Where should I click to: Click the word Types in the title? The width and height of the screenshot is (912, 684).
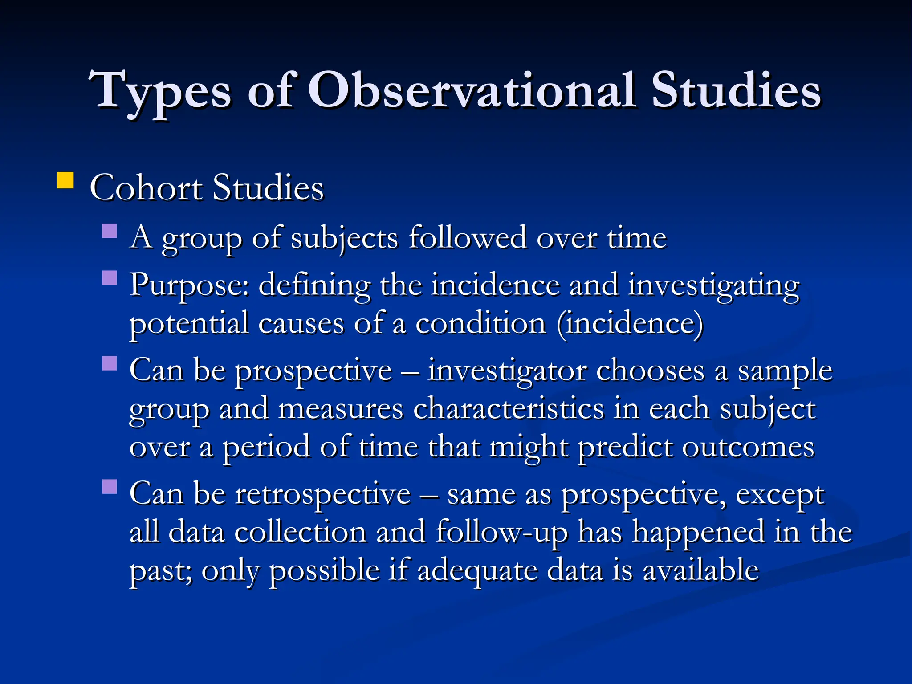160,91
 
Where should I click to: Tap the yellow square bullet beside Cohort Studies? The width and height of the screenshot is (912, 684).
65,181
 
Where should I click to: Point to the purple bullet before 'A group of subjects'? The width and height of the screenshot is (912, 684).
110,231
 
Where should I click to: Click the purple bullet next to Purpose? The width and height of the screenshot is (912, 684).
110,278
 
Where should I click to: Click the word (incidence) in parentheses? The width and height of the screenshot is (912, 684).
630,324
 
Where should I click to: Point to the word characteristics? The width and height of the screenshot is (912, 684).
508,409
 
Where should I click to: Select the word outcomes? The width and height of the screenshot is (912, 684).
748,447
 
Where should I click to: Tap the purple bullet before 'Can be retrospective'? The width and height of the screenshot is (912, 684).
110,487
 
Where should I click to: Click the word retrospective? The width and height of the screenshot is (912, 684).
323,494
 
